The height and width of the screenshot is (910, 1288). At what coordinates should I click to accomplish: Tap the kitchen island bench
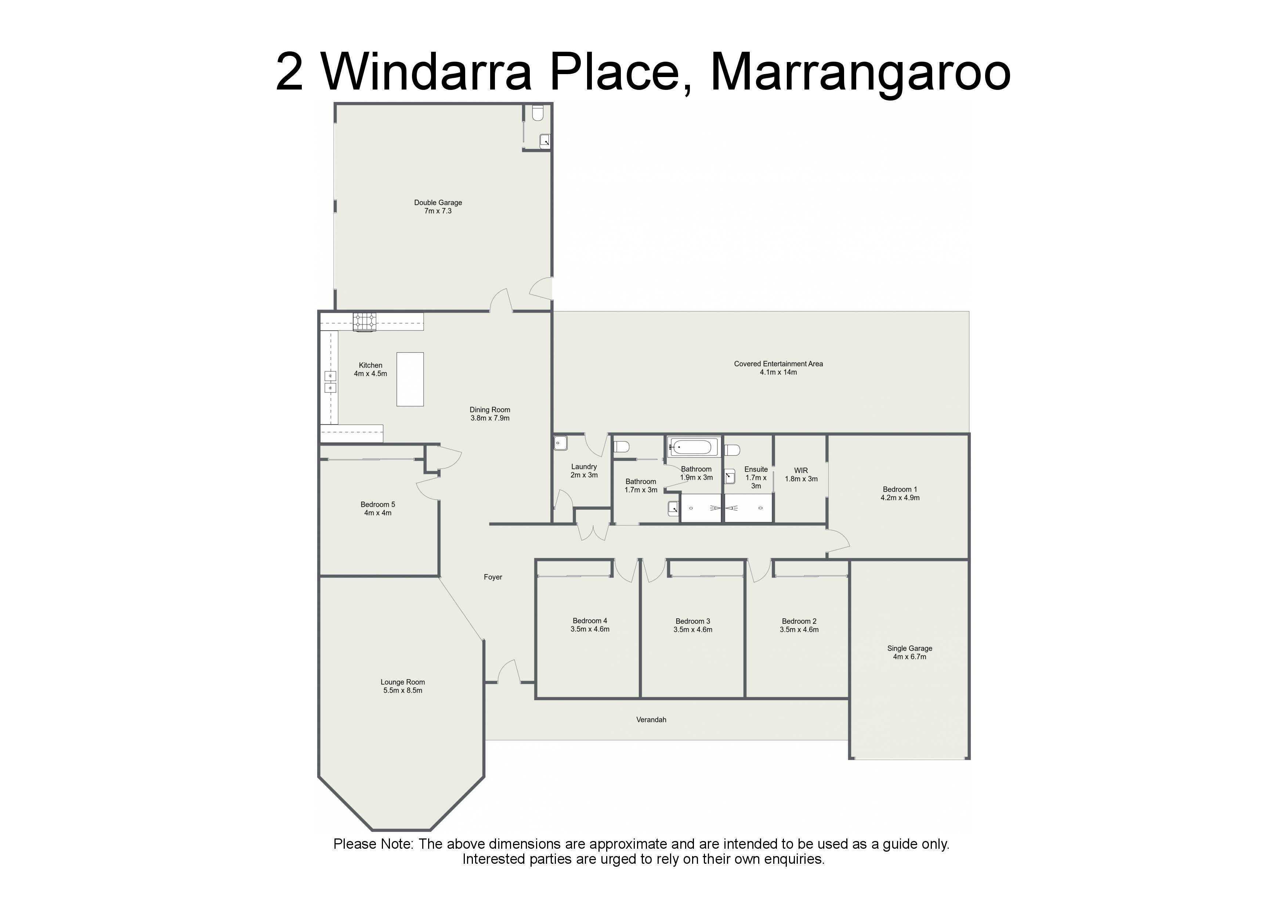[410, 379]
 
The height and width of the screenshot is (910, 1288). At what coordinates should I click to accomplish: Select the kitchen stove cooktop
[365, 321]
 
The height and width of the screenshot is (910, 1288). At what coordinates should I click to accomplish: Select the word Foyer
[493, 577]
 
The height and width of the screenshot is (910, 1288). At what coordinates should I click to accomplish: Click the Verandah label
[651, 719]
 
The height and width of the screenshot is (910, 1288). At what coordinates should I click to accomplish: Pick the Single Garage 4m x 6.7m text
[910, 652]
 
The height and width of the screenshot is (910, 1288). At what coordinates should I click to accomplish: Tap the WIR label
[801, 470]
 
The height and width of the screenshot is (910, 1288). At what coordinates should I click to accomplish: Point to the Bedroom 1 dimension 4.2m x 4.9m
[900, 497]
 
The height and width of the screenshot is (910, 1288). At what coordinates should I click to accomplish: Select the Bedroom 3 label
[693, 621]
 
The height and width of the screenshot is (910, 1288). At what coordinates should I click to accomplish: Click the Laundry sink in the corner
[560, 443]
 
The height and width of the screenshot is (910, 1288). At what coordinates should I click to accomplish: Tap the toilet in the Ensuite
[732, 449]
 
